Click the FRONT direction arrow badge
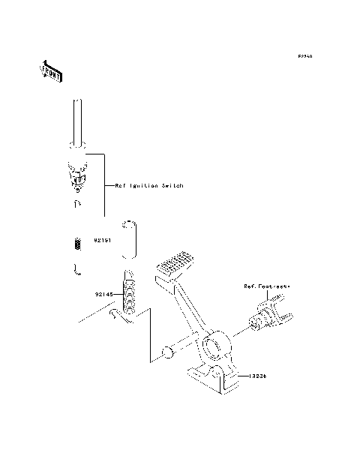point(51,71)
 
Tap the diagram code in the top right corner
point(304,56)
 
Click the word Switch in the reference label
point(172,185)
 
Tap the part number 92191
point(103,241)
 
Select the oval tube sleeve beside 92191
point(130,239)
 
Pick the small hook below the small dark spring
point(76,269)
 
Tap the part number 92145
point(104,295)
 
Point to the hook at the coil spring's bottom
point(119,319)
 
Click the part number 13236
point(258,376)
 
